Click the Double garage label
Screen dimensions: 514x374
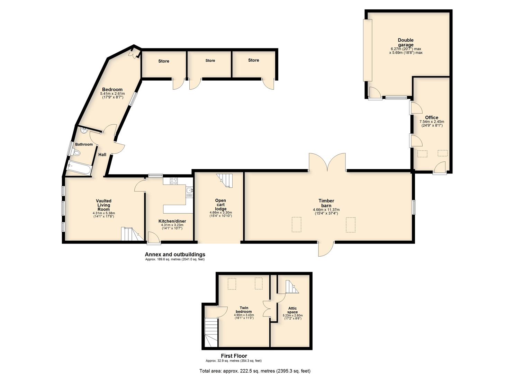[x=405, y=43]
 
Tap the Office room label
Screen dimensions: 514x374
[x=432, y=117]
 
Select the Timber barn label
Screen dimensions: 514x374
[x=326, y=203]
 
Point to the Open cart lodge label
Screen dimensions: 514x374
[x=220, y=205]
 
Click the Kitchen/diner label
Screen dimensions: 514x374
[x=172, y=221]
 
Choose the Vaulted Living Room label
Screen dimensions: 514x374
[x=104, y=205]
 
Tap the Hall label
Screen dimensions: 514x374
[x=102, y=155]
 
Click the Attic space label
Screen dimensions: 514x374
[x=292, y=310]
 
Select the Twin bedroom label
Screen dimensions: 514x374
[x=244, y=310]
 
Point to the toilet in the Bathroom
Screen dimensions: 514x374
[x=76, y=152]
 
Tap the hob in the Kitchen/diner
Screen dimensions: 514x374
[x=174, y=181]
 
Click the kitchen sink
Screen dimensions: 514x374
[x=189, y=192]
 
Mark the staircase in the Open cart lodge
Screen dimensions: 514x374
[x=224, y=181]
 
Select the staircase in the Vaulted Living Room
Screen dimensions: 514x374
[x=130, y=234]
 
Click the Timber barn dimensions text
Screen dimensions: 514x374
[x=326, y=212]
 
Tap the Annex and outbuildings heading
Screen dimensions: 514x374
[x=175, y=255]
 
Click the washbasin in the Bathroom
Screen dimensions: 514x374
[x=83, y=131]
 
